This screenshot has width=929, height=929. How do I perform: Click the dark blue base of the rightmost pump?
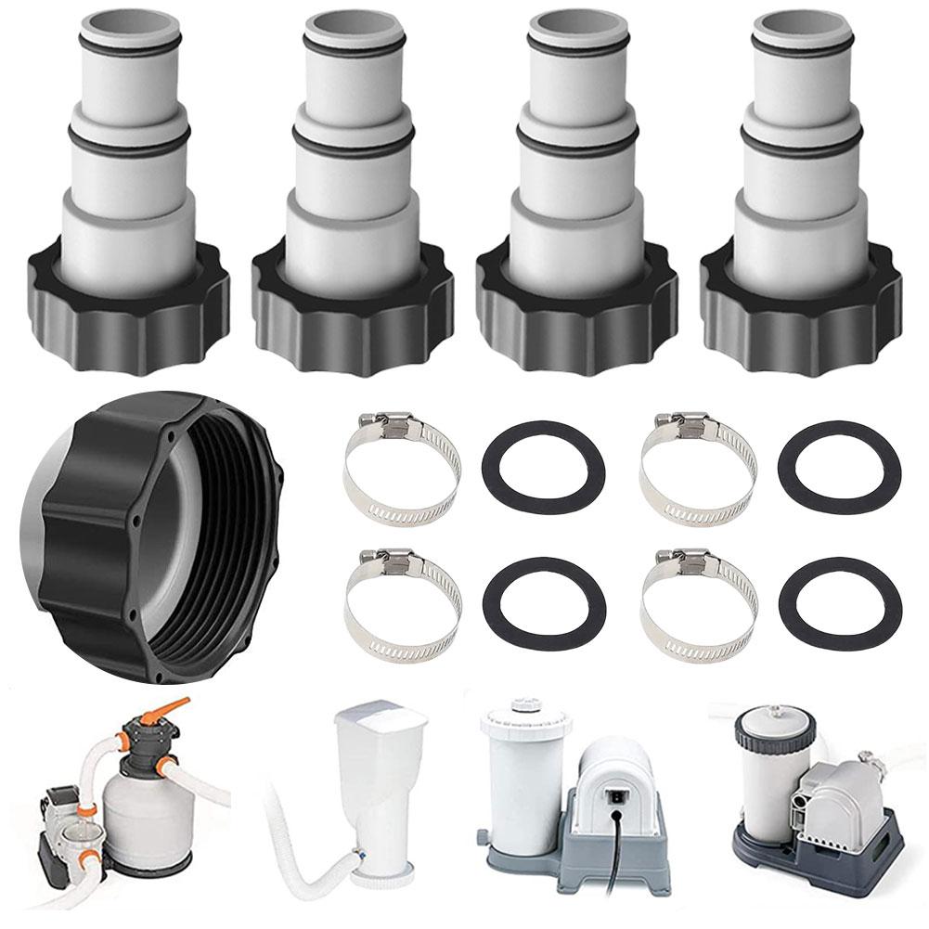coord(817,863)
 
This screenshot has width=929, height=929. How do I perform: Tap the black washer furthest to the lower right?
coord(840,602)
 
